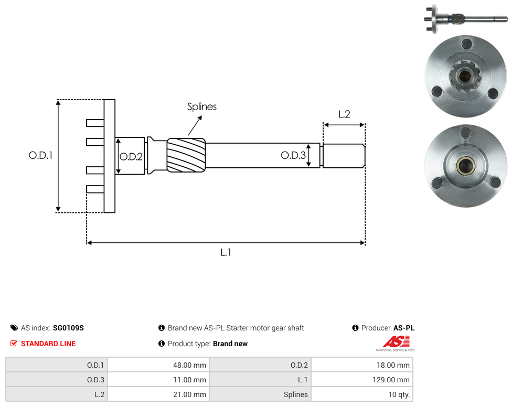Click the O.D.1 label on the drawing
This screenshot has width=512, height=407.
40,155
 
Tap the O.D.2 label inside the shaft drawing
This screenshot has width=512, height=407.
131,157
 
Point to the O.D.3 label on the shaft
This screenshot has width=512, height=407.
293,155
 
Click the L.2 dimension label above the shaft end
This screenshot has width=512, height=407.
344,114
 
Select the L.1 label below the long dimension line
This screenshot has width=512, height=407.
226,252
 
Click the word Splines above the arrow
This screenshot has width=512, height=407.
202,106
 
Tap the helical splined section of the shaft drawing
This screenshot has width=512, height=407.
186,155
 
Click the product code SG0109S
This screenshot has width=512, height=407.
68,328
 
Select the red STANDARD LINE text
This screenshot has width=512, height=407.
48,344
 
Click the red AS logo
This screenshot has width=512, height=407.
396,342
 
